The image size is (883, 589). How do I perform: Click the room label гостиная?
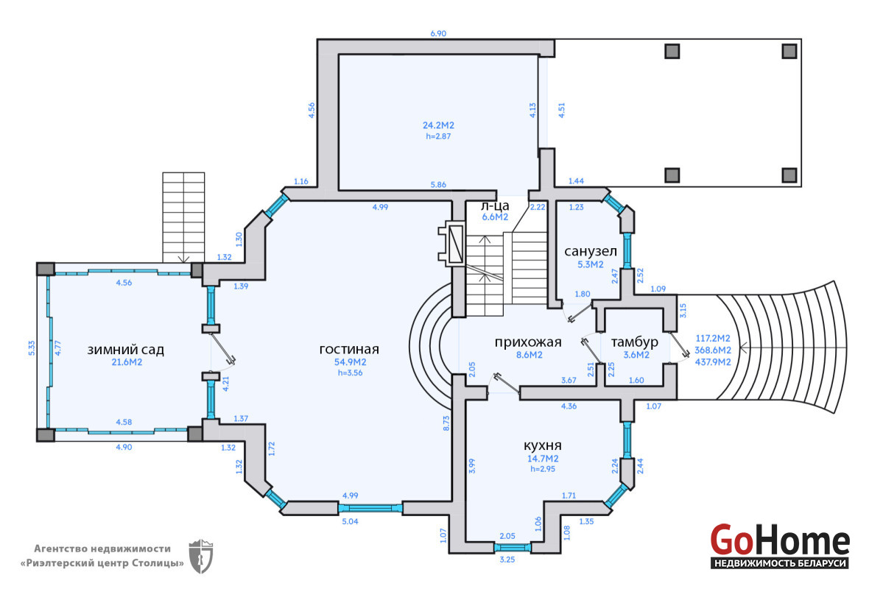[349, 349]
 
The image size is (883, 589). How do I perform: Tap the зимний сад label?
[126, 350]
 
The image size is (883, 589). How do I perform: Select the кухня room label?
[542, 445]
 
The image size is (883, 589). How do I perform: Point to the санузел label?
[591, 251]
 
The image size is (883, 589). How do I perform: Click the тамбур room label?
[635, 342]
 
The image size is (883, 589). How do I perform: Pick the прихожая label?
[528, 342]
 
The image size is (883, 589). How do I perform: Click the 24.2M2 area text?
[438, 126]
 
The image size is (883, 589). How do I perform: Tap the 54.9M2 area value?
[351, 362]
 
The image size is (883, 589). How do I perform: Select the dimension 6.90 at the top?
[438, 33]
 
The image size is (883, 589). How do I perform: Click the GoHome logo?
[780, 545]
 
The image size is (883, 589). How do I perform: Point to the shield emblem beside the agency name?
[201, 556]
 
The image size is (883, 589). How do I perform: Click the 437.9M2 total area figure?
[713, 362]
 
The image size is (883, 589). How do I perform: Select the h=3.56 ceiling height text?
[351, 373]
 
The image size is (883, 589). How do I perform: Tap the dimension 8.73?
[446, 423]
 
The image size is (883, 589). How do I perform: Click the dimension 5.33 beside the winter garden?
[32, 348]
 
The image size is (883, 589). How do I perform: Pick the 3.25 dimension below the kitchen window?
[507, 560]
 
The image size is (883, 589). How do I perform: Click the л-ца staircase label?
[495, 206]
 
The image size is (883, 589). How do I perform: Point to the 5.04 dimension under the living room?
[351, 521]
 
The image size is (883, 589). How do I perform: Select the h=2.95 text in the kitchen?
[543, 469]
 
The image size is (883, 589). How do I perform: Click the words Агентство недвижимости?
[102, 548]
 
